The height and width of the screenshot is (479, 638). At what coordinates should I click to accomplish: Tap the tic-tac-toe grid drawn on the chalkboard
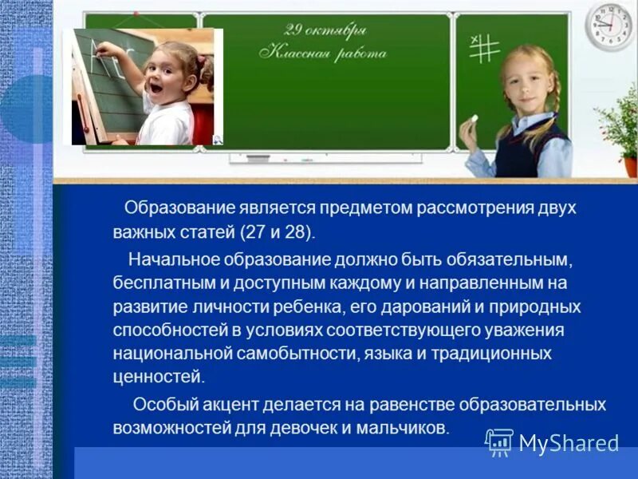(x=483, y=48)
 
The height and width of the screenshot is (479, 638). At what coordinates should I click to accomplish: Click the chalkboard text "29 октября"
(x=325, y=31)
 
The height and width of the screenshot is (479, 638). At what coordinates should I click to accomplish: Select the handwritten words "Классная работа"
(x=323, y=53)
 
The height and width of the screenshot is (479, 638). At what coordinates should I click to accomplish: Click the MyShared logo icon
(x=499, y=441)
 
